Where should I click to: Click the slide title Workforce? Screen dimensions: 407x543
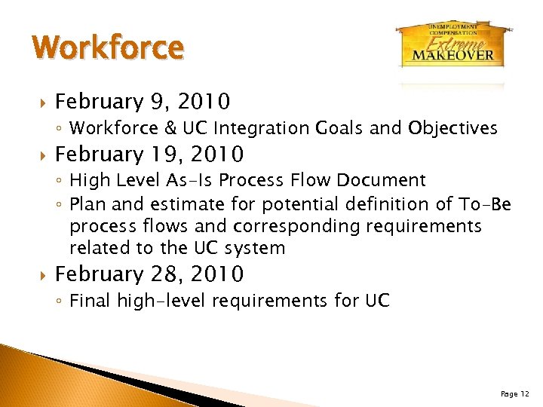[x=109, y=47]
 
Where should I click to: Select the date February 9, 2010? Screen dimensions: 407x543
[x=143, y=101]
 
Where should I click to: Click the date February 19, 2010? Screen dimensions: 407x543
[x=149, y=155]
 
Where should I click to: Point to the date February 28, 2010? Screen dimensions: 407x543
[x=149, y=274]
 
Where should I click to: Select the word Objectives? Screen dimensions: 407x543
[x=453, y=128]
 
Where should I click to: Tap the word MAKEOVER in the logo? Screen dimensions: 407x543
[x=453, y=54]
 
